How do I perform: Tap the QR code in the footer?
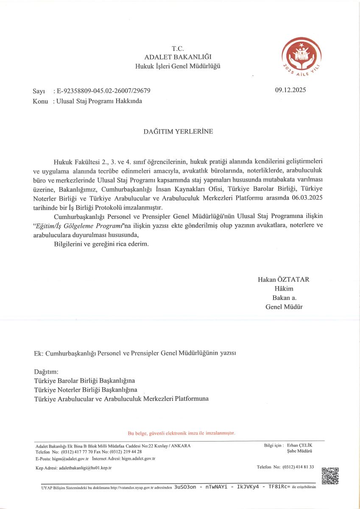pos(330,475)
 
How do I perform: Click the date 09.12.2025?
pos(290,90)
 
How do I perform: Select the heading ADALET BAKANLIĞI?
pos(178,57)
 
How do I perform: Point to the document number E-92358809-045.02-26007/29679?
pos(103,91)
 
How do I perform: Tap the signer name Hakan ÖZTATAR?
pos(283,280)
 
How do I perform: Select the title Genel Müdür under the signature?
pos(284,307)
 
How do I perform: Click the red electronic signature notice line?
pos(181,433)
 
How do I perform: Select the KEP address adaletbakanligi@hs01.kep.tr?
pos(85,467)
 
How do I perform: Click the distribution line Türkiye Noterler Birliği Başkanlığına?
pos(86,389)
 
